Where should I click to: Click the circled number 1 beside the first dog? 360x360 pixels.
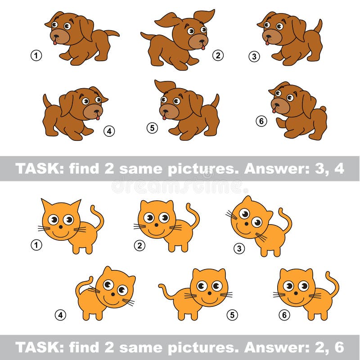click(36, 56)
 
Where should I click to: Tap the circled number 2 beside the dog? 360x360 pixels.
click(218, 56)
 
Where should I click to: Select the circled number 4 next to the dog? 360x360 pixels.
click(109, 131)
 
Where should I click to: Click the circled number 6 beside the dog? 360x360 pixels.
click(261, 121)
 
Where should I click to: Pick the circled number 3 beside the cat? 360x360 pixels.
click(239, 248)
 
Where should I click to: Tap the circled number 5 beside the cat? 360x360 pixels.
click(232, 315)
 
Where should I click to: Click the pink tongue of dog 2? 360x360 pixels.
click(203, 46)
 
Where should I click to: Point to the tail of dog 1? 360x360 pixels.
click(112, 33)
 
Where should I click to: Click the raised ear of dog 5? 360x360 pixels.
click(165, 85)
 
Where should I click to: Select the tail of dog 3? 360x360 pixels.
click(318, 26)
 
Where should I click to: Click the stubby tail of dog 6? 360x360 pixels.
click(322, 109)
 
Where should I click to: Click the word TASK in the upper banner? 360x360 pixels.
click(35, 168)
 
